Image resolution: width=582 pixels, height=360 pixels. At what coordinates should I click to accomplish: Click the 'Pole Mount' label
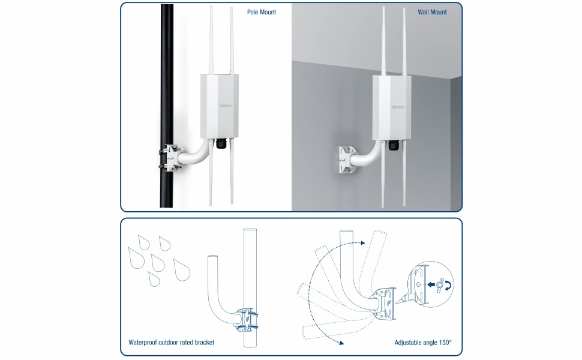point(262,12)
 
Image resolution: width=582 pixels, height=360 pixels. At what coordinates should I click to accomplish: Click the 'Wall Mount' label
point(432,12)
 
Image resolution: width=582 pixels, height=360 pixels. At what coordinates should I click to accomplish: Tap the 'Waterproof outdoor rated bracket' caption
point(171,342)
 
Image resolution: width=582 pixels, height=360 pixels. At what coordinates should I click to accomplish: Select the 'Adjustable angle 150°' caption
point(423,342)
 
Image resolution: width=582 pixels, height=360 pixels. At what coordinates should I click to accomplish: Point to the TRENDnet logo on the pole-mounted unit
point(226,106)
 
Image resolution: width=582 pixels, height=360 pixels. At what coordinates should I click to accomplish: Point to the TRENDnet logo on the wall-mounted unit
point(398,107)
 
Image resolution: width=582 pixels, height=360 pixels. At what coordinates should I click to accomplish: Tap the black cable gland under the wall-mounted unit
point(394,145)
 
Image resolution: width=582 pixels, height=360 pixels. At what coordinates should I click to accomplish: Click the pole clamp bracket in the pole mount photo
point(170,158)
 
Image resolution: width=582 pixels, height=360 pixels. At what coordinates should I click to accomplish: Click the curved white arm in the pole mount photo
point(197,152)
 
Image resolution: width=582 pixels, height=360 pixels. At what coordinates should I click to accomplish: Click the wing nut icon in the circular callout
point(440,285)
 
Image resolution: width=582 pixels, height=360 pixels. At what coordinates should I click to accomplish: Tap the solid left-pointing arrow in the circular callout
point(431,284)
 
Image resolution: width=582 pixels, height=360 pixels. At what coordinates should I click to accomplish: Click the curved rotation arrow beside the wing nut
point(450,285)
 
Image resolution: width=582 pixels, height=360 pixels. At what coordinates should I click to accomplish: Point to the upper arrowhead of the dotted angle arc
point(363,243)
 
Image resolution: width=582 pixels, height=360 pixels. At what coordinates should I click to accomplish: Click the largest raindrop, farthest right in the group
point(182,269)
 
